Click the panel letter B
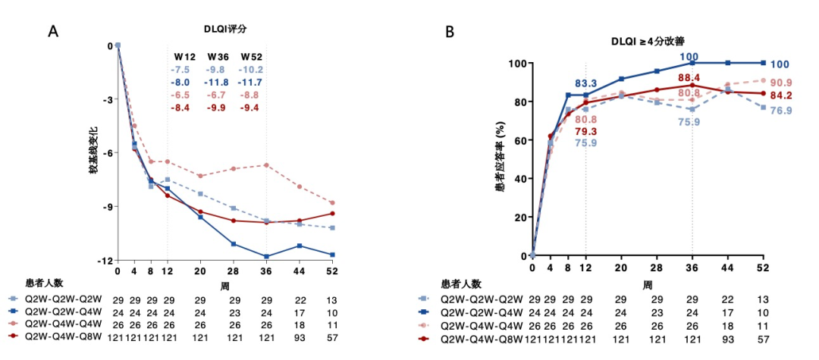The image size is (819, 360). tap(450, 32)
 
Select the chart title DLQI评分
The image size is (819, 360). tap(226, 28)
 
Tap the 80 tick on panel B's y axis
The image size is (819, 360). tap(519, 102)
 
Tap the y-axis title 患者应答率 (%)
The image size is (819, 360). tap(500, 161)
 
